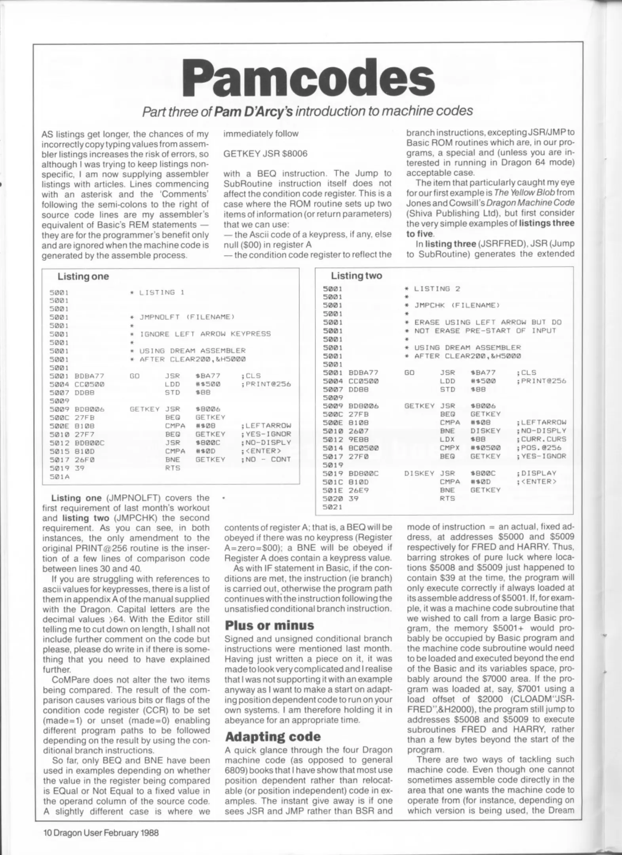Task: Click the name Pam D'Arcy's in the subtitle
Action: tap(253, 111)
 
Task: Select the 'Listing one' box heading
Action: tap(83, 276)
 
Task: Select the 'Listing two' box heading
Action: tap(356, 275)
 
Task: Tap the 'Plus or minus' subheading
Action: tap(269, 625)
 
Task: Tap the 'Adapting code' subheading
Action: tap(273, 736)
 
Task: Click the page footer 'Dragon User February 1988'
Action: tap(101, 832)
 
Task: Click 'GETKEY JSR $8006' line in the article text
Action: tap(265, 154)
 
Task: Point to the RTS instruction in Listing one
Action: tap(172, 468)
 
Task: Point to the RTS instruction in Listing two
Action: tap(447, 498)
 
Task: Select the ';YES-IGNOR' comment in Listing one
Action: tap(265, 434)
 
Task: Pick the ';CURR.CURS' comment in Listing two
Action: tap(541, 439)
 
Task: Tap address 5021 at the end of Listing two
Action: tap(333, 507)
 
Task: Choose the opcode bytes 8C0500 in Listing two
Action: tap(363, 448)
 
